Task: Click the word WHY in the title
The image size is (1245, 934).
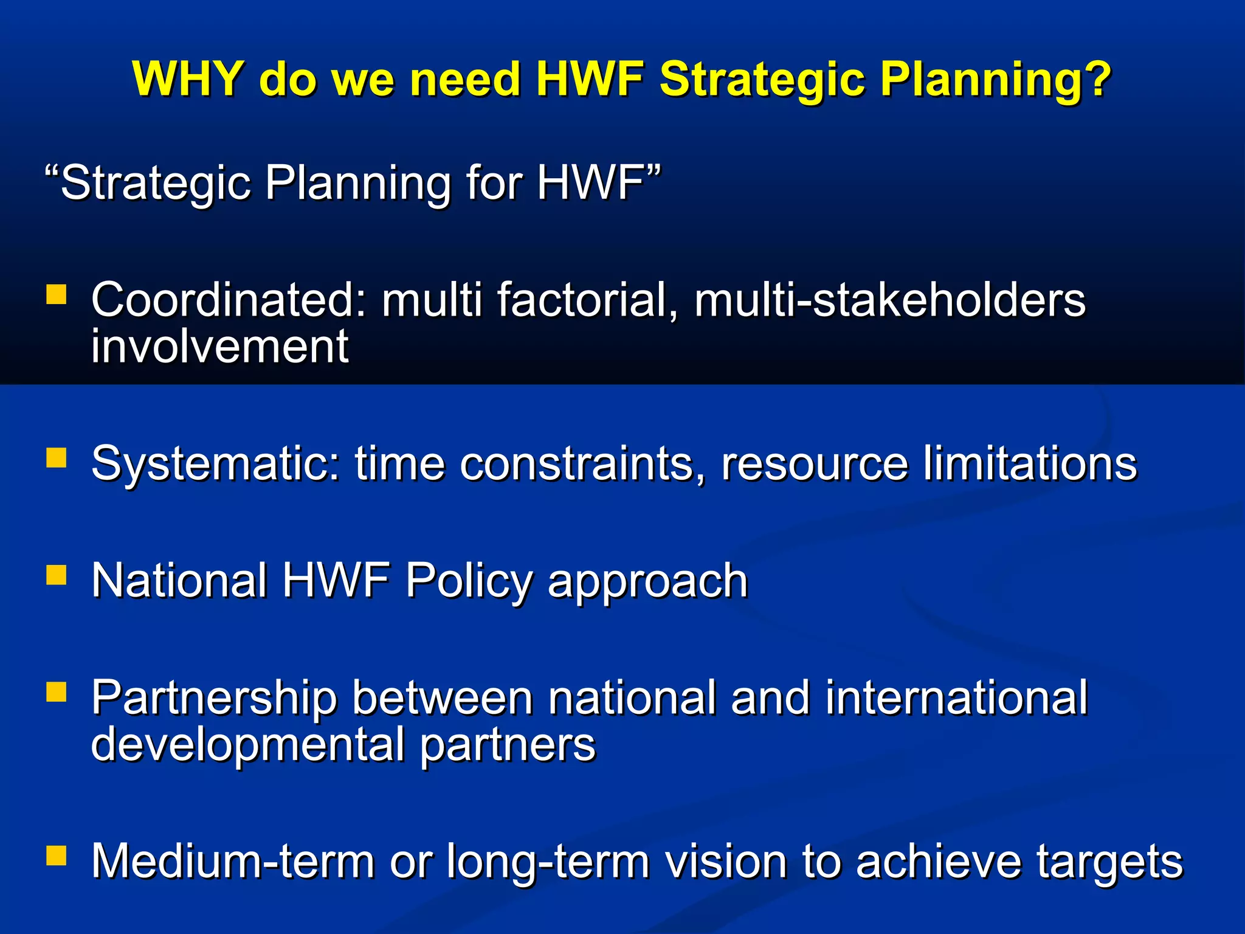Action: pos(188,79)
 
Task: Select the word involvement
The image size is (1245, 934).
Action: pos(219,347)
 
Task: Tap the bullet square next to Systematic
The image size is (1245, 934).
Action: pos(56,457)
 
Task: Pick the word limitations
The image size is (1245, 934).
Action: pos(1029,464)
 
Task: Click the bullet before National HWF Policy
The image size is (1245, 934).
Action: pos(56,575)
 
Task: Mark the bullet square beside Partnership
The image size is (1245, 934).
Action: pos(56,692)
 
